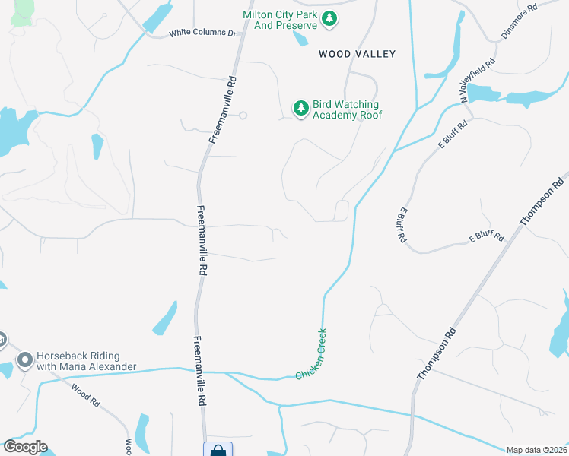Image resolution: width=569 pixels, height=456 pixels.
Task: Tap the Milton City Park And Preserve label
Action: coord(280,21)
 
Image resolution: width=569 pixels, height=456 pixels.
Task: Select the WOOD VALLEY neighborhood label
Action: coord(357,54)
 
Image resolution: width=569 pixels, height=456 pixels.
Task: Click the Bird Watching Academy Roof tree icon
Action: coord(301,109)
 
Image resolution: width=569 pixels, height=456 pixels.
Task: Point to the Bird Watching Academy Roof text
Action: coord(346,109)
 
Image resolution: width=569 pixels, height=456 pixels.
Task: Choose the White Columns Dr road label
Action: coord(203,33)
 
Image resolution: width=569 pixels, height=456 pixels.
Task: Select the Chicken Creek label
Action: coord(311,354)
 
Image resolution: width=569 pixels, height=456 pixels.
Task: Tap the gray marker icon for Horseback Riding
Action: coord(25,359)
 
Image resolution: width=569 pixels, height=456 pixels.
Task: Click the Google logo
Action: coord(24,447)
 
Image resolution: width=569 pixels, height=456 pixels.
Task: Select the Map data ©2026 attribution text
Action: coord(537,450)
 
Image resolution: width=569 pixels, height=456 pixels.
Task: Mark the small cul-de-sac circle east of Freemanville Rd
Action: coord(243,116)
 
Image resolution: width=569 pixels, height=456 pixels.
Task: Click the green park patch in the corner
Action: coord(23,9)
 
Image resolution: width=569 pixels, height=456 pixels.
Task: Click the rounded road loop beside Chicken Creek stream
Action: coord(342,210)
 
